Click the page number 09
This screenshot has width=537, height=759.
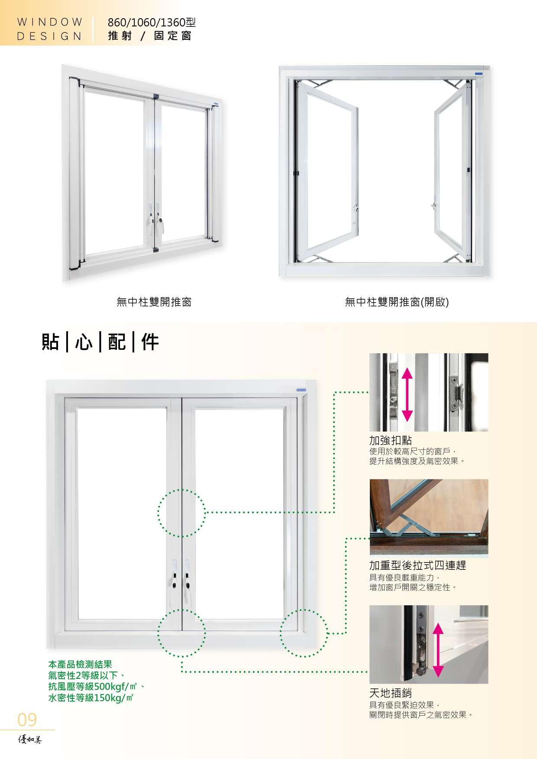point(27,720)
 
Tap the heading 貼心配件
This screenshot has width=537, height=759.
point(100,342)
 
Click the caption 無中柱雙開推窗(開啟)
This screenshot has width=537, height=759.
point(397,302)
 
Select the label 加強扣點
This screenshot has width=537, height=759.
point(390,440)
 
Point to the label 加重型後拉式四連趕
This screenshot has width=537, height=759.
point(417,565)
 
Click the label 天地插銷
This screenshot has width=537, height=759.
point(390,693)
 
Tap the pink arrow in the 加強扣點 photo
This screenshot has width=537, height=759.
point(407,395)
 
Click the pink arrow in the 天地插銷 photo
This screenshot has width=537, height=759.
point(438,649)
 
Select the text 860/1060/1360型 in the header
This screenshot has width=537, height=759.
point(152,22)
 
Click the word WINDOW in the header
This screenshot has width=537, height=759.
point(50,22)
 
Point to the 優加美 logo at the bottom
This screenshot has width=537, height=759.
point(29,740)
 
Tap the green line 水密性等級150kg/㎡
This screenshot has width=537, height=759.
point(91,698)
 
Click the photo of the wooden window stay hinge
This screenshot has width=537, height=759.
point(429,517)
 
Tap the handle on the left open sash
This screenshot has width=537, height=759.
point(356,210)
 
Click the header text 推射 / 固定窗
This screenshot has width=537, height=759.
point(150,36)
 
